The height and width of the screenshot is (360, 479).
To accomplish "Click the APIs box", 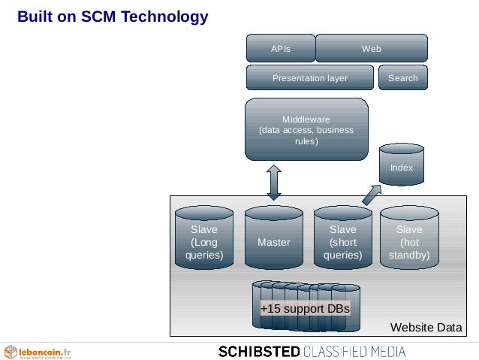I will tap(281, 49).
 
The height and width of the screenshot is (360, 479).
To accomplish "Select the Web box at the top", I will tap(372, 49).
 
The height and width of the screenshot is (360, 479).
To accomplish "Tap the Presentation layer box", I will tap(310, 77).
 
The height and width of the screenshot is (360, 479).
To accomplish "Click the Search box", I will tap(403, 77).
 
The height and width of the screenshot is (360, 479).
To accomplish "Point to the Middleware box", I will tap(306, 129).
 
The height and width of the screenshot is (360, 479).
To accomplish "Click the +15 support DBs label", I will tap(305, 310).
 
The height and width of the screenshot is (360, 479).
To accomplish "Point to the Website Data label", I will tap(426, 327).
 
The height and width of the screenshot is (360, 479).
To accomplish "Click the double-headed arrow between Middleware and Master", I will tap(274, 183).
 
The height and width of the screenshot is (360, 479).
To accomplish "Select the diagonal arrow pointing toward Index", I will tap(371, 194).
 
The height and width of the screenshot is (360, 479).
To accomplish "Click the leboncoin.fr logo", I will tap(38, 351).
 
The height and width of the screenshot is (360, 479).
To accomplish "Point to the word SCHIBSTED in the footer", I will tap(259, 351).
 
